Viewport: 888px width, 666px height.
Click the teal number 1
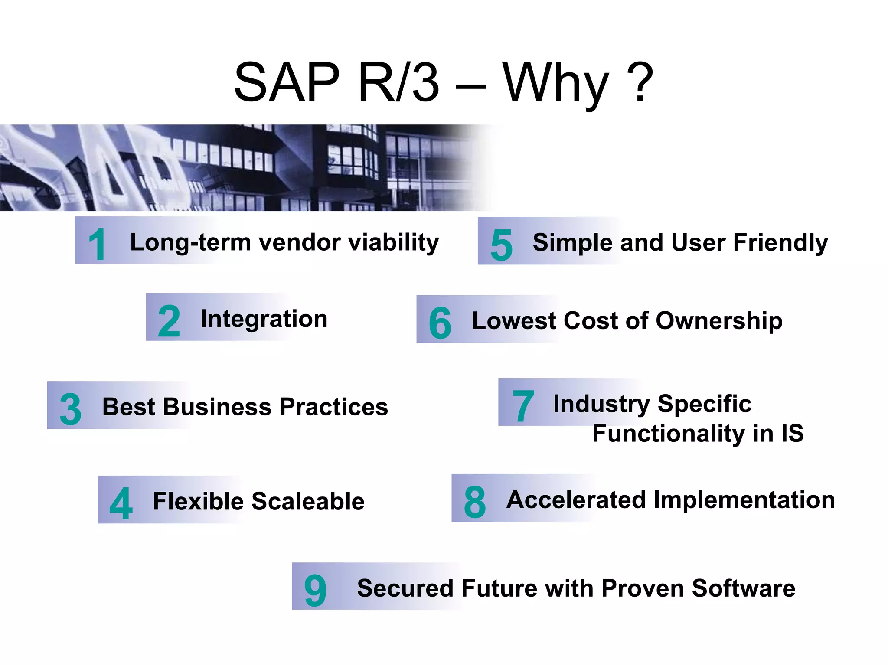(x=97, y=245)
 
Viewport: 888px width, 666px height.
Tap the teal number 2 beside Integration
(x=169, y=321)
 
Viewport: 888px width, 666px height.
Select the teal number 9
(x=315, y=590)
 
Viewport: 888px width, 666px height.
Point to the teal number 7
(x=523, y=405)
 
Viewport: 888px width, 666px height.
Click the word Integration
(x=264, y=319)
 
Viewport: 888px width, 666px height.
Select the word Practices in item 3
(x=334, y=407)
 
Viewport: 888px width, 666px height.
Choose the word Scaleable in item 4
(x=308, y=501)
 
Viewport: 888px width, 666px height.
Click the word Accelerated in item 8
(x=576, y=499)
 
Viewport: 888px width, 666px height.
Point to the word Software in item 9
(x=743, y=588)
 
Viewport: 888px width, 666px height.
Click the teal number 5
(x=501, y=245)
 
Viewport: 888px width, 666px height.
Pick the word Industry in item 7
(x=601, y=404)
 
